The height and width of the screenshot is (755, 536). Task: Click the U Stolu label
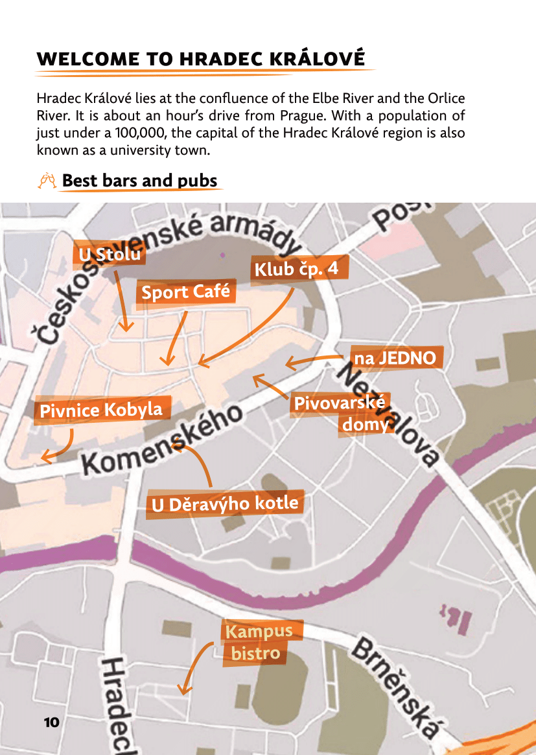point(110,255)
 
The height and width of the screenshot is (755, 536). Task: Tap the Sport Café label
point(185,292)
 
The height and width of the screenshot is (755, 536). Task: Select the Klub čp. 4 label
point(296,269)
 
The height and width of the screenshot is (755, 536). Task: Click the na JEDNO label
point(395,357)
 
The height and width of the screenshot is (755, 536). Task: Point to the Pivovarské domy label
point(342,413)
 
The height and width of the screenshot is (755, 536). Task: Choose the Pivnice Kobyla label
point(101,410)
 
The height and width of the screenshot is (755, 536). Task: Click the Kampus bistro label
point(257,642)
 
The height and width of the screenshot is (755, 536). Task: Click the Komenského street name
point(162,440)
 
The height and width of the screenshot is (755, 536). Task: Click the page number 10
point(52,722)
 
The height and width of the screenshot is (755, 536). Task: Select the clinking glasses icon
point(47,181)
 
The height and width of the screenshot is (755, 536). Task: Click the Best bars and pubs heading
point(139,181)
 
